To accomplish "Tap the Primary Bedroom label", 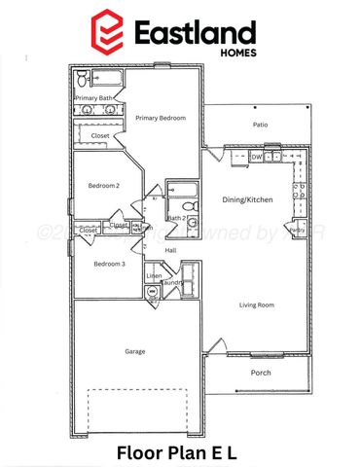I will [161, 118].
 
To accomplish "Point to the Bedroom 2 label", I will [103, 185].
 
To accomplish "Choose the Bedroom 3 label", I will [109, 264].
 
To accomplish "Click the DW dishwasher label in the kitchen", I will [257, 156].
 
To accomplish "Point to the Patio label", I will [260, 125].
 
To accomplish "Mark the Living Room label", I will [258, 305].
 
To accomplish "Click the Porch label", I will [260, 373].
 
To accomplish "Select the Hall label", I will [170, 250].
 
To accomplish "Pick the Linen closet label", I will [154, 276].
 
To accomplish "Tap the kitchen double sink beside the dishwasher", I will [274, 156].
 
